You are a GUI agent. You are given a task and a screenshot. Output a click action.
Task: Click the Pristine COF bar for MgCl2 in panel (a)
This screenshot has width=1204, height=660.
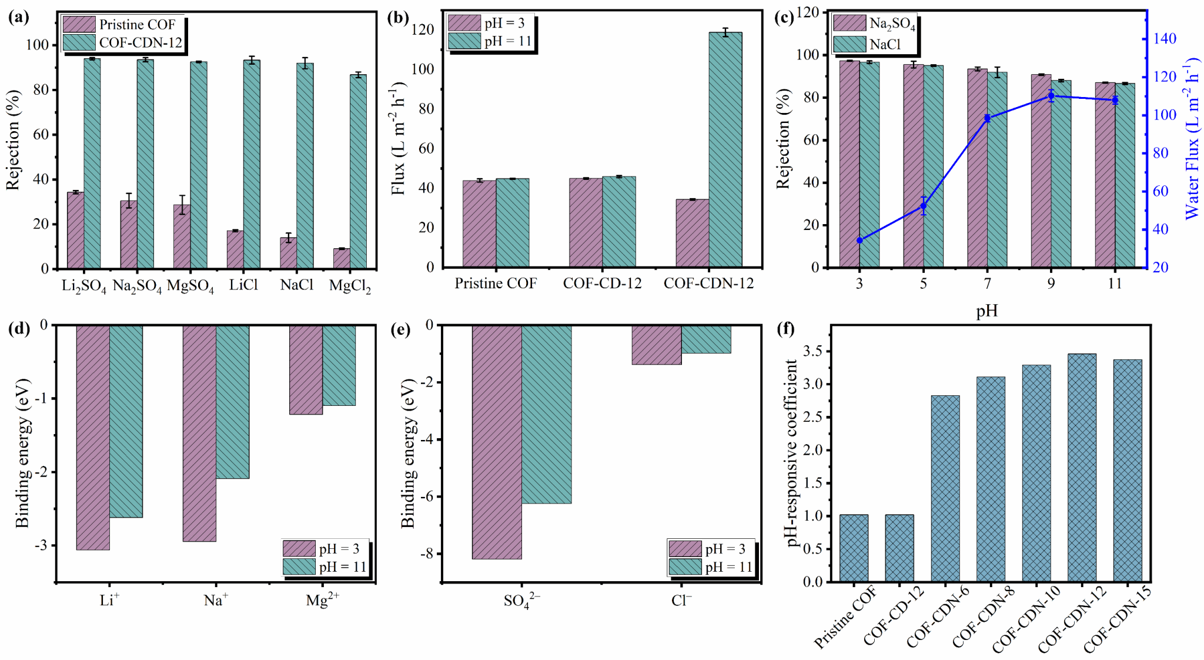click(x=342, y=258)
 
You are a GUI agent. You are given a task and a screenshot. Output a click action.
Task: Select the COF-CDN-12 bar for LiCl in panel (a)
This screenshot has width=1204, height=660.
click(x=252, y=165)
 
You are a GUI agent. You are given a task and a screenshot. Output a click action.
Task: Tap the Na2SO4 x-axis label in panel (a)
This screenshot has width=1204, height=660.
click(x=137, y=286)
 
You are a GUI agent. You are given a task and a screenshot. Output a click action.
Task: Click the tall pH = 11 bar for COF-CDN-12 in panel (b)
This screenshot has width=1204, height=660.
click(x=725, y=150)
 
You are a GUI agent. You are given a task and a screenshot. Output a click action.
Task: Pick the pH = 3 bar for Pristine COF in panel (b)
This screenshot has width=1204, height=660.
click(x=479, y=224)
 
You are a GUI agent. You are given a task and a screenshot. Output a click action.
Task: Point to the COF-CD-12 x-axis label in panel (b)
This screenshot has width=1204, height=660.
click(x=602, y=284)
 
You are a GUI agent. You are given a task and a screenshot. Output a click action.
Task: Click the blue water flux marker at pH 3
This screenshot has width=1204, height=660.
click(x=859, y=241)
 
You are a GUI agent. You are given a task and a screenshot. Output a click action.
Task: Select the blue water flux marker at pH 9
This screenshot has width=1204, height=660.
click(x=1051, y=96)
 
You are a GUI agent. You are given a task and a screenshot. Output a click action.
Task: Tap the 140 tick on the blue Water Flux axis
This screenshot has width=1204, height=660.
click(x=1165, y=39)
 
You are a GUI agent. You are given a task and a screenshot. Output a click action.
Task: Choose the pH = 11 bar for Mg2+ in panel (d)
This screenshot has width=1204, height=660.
click(x=339, y=365)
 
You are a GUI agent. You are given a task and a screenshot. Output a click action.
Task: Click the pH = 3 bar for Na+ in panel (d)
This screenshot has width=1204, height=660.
click(x=199, y=433)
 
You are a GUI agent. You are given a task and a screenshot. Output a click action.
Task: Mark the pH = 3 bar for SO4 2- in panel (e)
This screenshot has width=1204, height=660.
click(x=497, y=442)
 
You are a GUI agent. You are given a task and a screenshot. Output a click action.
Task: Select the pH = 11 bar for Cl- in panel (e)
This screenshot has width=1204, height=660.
click(x=706, y=339)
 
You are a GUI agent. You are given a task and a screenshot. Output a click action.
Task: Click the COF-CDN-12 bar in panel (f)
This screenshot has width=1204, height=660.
click(x=1082, y=468)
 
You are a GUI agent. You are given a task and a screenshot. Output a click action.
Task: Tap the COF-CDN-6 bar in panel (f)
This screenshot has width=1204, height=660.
click(x=945, y=488)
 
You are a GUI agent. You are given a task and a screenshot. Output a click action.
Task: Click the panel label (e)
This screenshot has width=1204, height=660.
click(x=400, y=329)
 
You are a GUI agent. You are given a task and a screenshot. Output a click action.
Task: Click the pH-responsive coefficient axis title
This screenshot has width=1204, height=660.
click(x=792, y=453)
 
